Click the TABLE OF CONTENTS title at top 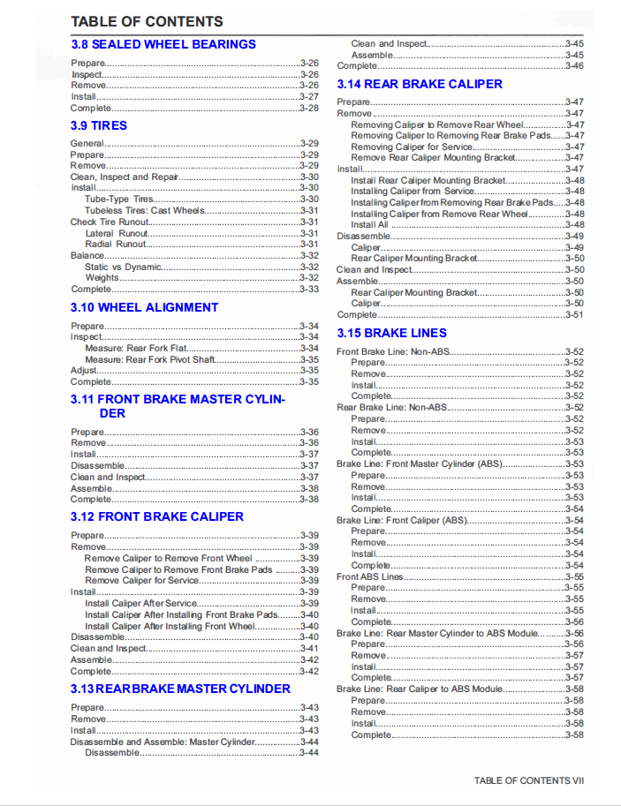(x=147, y=21)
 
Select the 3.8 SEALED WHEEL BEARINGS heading (x=163, y=44)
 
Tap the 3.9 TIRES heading (x=99, y=125)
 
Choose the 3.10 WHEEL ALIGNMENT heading (x=144, y=307)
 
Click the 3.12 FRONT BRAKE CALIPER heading (x=157, y=516)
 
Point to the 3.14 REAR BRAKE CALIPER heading (x=420, y=84)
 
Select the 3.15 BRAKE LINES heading (x=392, y=333)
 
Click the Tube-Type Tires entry (x=119, y=200)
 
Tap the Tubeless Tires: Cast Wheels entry (x=145, y=211)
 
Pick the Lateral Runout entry (x=111, y=233)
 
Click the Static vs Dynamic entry (x=123, y=267)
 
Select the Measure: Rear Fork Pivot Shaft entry (x=149, y=360)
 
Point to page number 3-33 (x=309, y=290)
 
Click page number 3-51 (x=574, y=314)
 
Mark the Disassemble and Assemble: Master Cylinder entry (x=163, y=742)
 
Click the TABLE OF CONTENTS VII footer (x=529, y=780)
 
